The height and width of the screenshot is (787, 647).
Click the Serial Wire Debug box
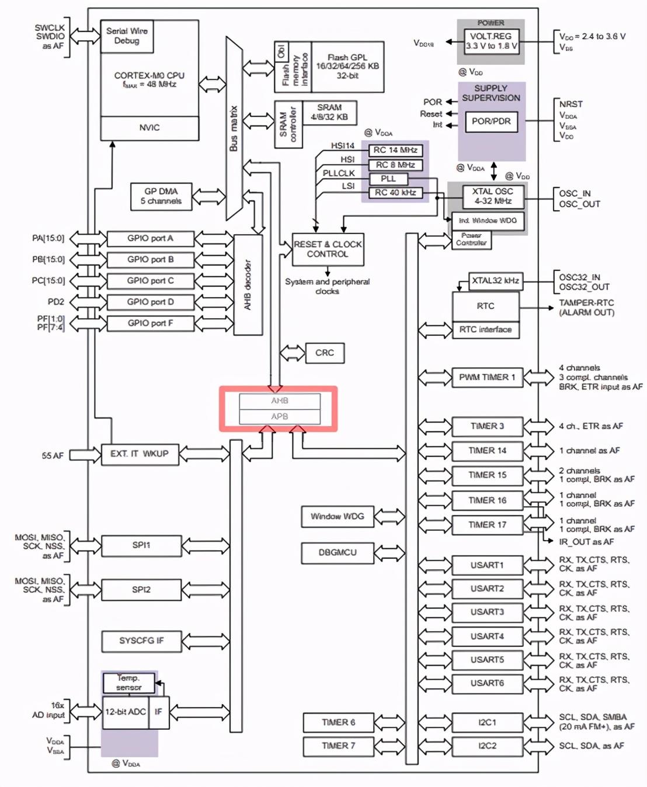pos(127,36)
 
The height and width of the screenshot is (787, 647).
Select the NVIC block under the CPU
pos(149,128)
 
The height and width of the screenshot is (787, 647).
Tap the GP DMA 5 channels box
pos(161,196)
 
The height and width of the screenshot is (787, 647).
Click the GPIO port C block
pos(150,281)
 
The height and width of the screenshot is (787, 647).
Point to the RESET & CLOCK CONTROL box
pos(328,249)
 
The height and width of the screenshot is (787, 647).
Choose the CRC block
pos(325,353)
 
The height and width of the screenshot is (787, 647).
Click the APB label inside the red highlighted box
pos(280,416)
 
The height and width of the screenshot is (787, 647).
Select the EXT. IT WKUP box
pos(140,454)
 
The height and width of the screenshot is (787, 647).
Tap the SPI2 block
pos(141,590)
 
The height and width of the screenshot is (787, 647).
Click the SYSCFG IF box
pos(141,640)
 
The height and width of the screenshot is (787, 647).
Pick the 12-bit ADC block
pos(126,712)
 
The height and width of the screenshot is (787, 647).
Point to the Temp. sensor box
pos(128,682)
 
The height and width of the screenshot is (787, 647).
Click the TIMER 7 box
pos(338,746)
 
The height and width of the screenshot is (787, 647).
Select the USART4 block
pos(487,636)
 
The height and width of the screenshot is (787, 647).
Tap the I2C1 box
pos(487,722)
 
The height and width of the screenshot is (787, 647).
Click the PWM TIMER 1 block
pos(487,377)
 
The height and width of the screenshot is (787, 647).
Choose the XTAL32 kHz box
pos(495,281)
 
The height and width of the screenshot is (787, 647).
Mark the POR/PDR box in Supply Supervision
pos(491,121)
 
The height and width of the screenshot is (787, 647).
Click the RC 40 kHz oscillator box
pos(395,193)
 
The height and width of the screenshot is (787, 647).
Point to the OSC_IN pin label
pos(575,193)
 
